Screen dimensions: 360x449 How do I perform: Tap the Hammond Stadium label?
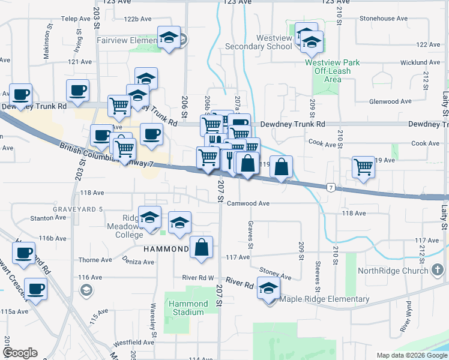click(x=187, y=308)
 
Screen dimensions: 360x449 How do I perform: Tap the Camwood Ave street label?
click(x=248, y=203)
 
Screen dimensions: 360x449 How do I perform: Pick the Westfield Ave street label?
click(x=133, y=343)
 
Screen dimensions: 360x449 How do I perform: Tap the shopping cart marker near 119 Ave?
click(x=363, y=167)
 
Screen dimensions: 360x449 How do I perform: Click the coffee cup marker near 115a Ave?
click(x=35, y=289)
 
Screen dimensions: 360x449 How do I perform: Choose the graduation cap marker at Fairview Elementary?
click(x=169, y=38)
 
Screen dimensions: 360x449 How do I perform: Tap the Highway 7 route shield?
click(x=331, y=188)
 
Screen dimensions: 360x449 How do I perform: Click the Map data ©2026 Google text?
click(x=411, y=355)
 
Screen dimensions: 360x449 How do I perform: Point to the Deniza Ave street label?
click(x=137, y=262)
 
